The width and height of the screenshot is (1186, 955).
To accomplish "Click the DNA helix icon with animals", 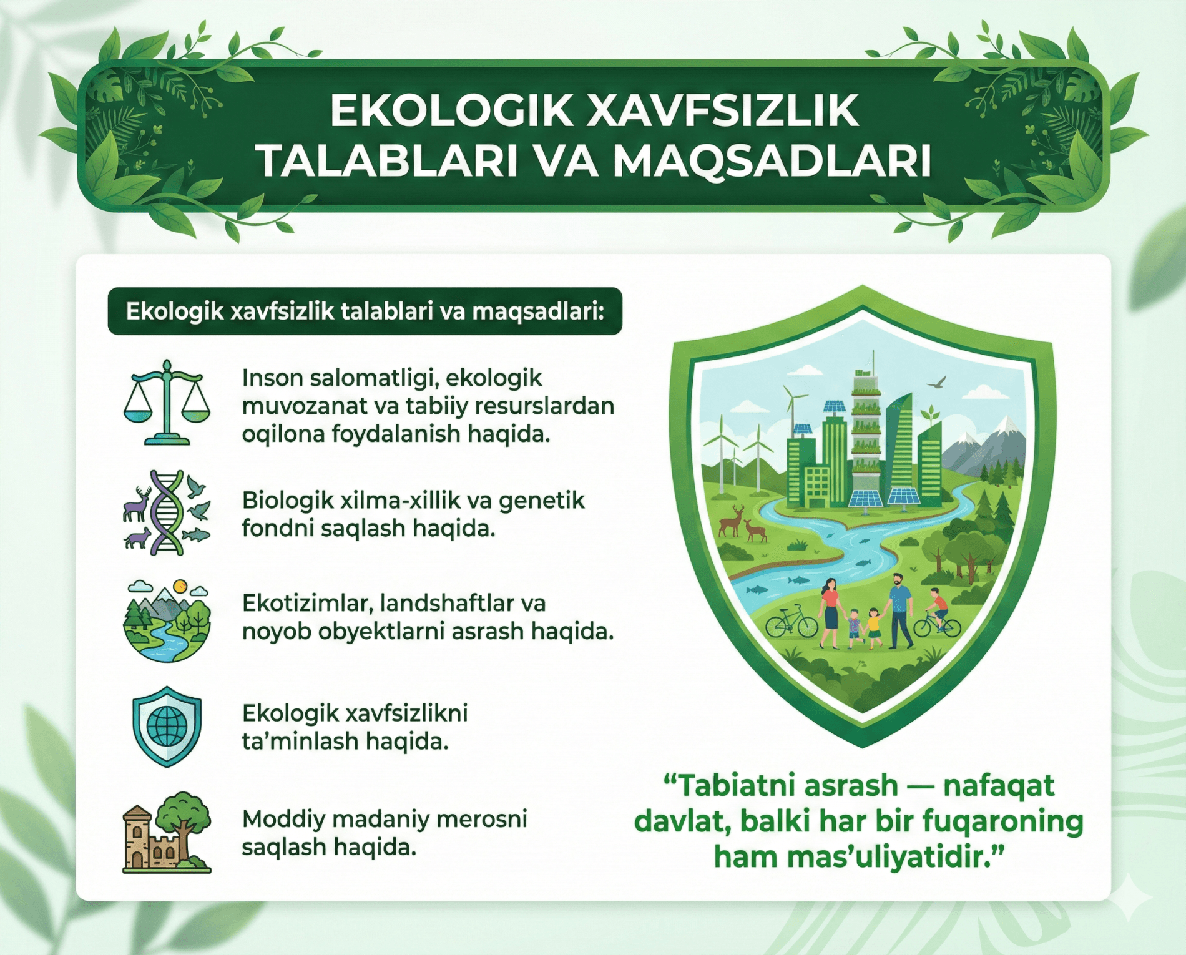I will click(x=167, y=513).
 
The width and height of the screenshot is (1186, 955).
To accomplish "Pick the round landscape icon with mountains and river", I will click(x=167, y=621).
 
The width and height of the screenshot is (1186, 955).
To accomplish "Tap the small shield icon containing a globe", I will click(x=167, y=726).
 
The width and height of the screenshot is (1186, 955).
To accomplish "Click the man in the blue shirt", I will click(x=899, y=609).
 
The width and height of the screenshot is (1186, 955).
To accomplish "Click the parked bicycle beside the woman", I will click(x=791, y=622).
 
